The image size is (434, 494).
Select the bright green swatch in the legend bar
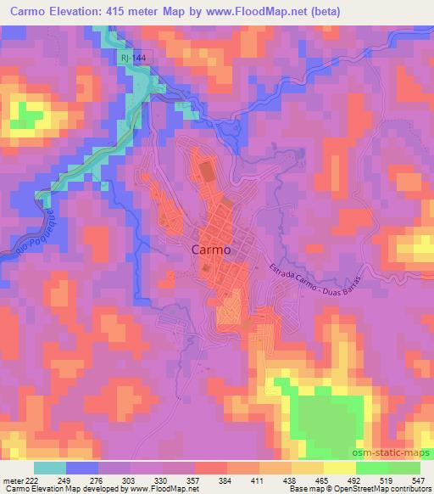pos(372,468)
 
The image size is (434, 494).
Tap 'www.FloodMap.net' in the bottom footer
pos(162,489)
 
